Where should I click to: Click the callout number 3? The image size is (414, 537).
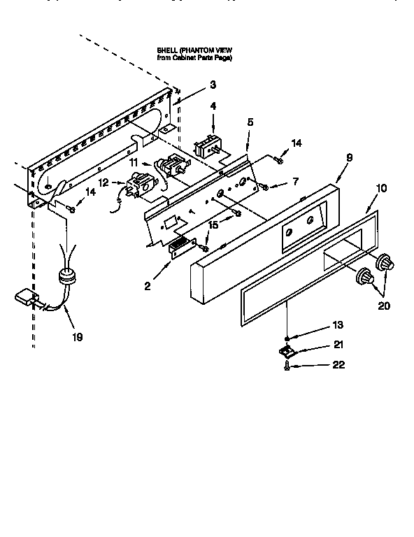213,85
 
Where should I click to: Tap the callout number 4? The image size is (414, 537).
213,107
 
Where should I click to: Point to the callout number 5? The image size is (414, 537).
249,122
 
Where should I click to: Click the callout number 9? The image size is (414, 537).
348,159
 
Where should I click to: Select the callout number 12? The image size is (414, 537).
103,183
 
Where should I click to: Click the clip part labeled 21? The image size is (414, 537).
286,350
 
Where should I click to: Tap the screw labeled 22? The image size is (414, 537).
287,366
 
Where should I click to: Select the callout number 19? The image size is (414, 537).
76,337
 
